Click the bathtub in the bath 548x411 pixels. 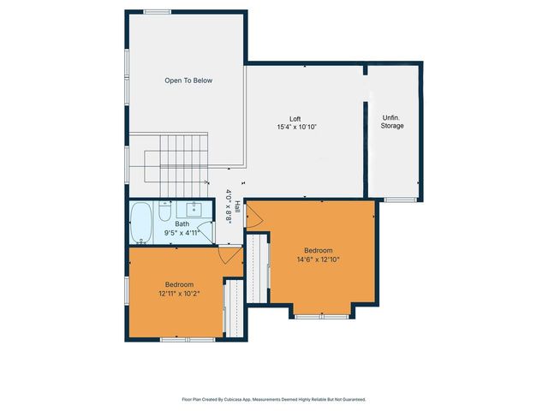point(142,223)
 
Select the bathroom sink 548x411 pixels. point(194,209)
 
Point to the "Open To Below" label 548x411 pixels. point(188,80)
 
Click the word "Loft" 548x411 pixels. point(294,119)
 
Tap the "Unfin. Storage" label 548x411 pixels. point(392,122)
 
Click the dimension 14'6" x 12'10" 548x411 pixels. point(319,259)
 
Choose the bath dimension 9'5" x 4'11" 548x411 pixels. point(182,232)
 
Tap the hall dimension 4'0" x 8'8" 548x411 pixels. point(229,205)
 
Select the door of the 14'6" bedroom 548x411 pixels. point(253,218)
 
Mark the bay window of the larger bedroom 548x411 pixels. point(323,316)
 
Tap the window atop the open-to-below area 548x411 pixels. point(157,11)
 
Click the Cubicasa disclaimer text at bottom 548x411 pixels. point(274,399)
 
